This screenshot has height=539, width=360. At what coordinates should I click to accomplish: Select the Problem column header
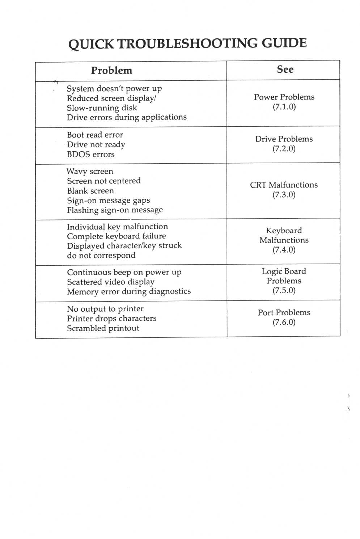pyautogui.click(x=111, y=71)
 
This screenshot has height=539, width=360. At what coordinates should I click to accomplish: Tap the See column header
pyautogui.click(x=285, y=70)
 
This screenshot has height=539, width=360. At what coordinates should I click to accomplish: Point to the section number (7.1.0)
pyautogui.click(x=284, y=107)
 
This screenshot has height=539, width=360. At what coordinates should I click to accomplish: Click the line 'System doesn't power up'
pyautogui.click(x=114, y=89)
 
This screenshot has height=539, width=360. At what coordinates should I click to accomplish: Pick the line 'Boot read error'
pyautogui.click(x=95, y=135)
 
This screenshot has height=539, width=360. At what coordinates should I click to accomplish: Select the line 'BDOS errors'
pyautogui.click(x=90, y=155)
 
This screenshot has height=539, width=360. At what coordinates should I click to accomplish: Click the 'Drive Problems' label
pyautogui.click(x=284, y=139)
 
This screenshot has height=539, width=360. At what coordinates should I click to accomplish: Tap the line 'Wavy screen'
pyautogui.click(x=90, y=172)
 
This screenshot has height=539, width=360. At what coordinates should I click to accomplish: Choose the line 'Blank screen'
pyautogui.click(x=90, y=191)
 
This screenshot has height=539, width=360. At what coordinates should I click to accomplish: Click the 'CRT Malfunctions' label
pyautogui.click(x=284, y=185)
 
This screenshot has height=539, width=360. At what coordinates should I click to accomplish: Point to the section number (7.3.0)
pyautogui.click(x=284, y=195)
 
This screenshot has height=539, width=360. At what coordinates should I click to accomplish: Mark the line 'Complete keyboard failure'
pyautogui.click(x=116, y=236)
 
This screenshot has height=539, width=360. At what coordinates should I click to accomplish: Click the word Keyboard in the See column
pyautogui.click(x=284, y=231)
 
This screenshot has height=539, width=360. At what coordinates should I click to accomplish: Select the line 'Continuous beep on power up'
pyautogui.click(x=124, y=272)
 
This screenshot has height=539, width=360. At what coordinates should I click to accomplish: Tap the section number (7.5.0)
pyautogui.click(x=284, y=291)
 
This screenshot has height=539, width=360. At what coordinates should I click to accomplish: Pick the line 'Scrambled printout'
pyautogui.click(x=103, y=328)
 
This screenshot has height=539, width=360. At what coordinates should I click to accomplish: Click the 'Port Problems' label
pyautogui.click(x=284, y=313)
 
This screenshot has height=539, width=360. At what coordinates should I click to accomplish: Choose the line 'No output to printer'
pyautogui.click(x=105, y=309)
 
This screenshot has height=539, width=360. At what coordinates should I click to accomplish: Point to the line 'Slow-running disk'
pyautogui.click(x=102, y=108)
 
